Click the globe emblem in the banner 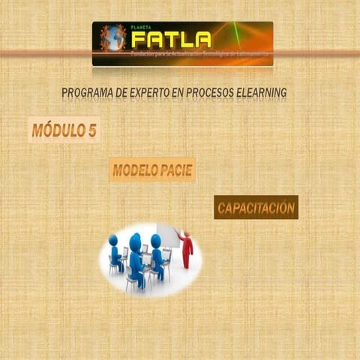tap(113, 38)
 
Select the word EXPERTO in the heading tap(157, 92)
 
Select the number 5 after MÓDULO tap(91, 130)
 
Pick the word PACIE tap(177, 171)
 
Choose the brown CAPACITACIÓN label tap(256, 208)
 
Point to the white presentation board tap(167, 235)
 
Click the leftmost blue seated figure tap(115, 253)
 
